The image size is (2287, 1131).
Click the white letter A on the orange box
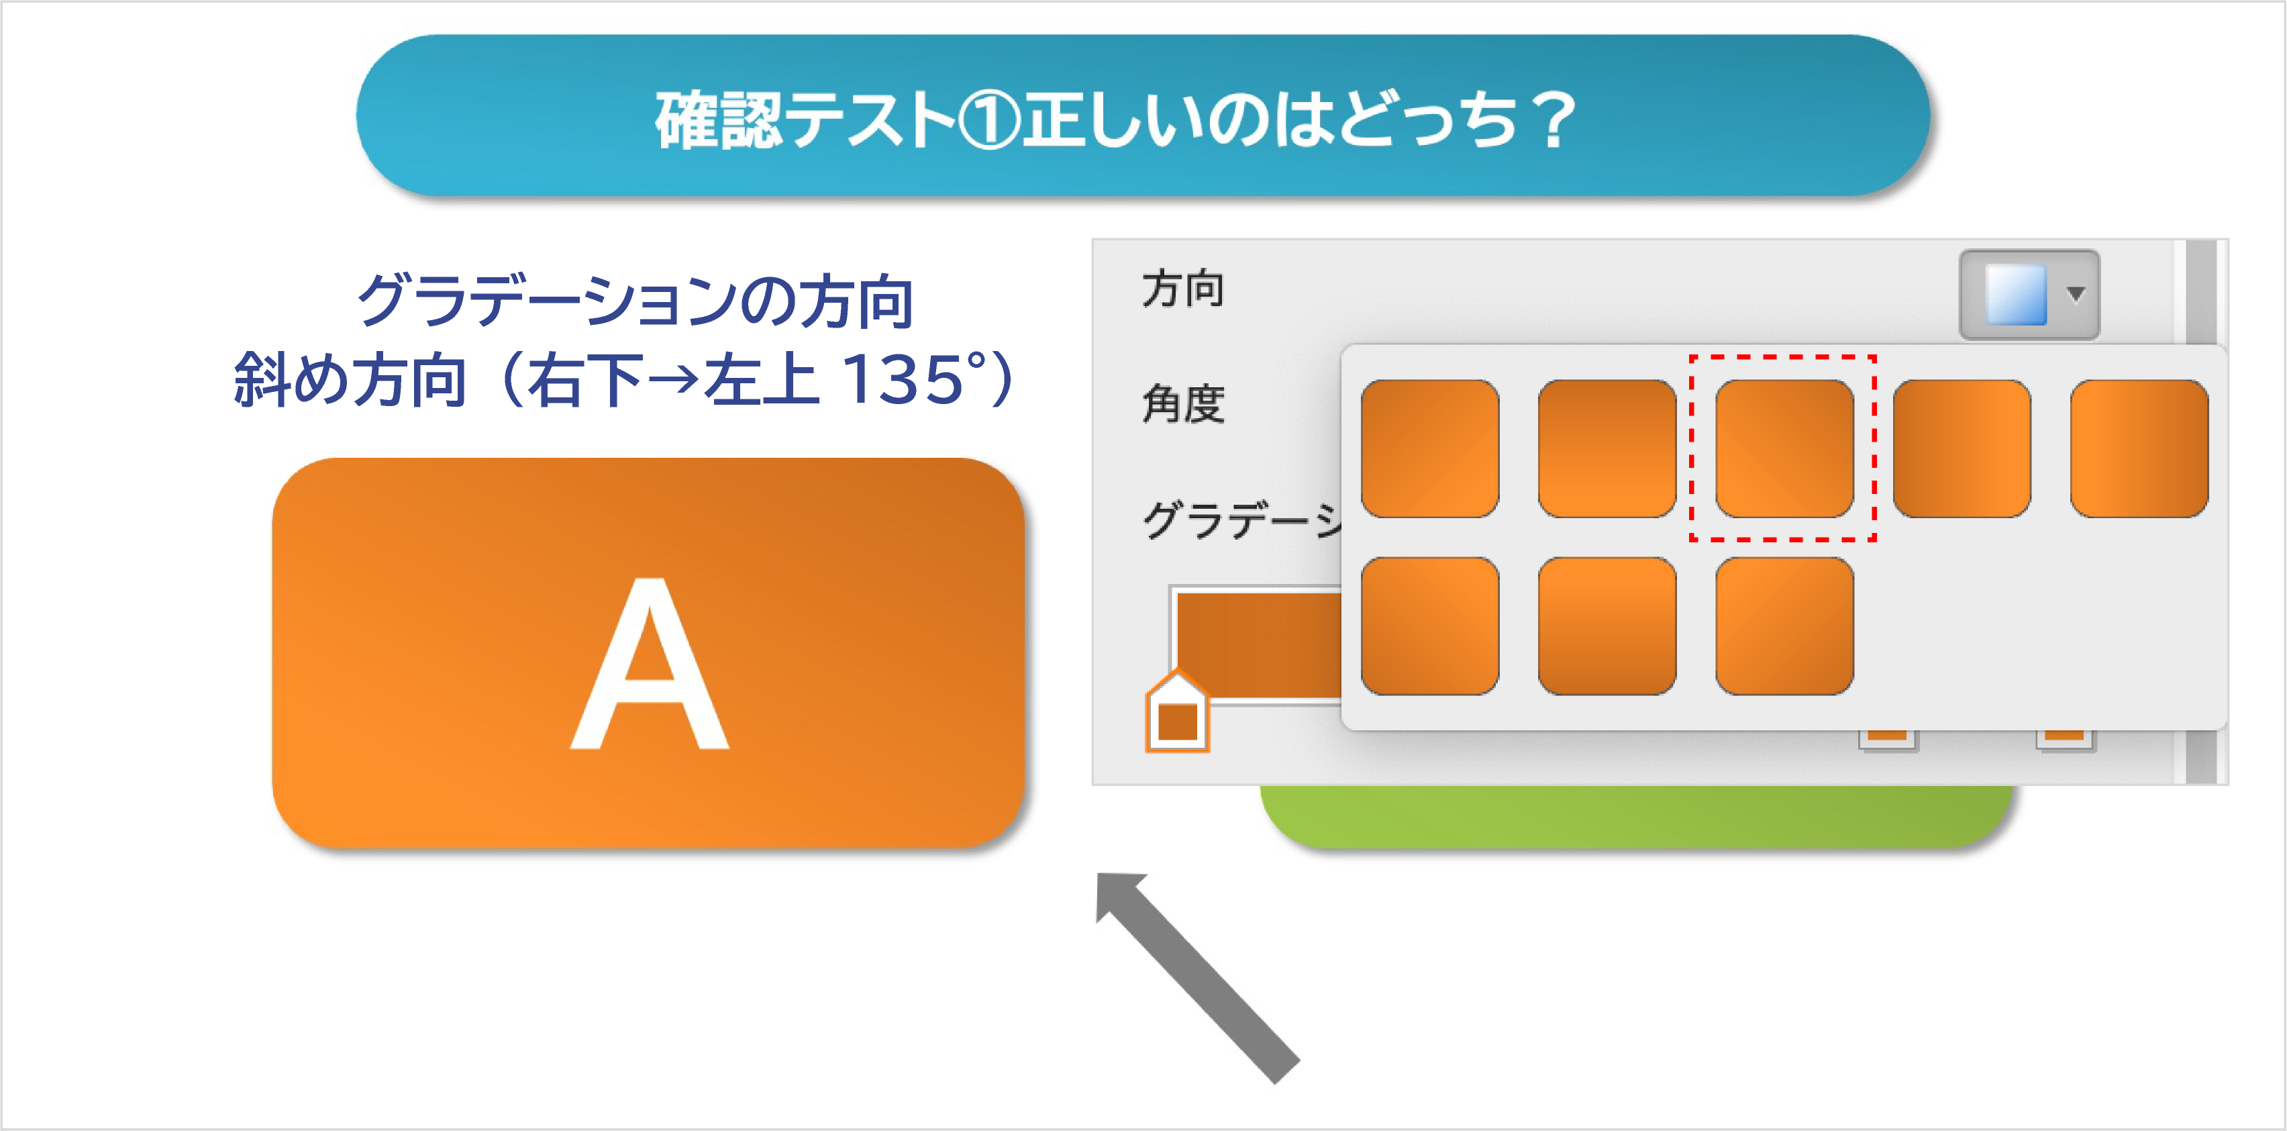pyautogui.click(x=650, y=663)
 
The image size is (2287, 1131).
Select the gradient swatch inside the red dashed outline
pyautogui.click(x=1784, y=448)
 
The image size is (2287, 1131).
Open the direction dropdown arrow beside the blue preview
pyautogui.click(x=2076, y=294)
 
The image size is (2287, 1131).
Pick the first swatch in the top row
pyautogui.click(x=1429, y=448)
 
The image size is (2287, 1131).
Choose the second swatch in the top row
pyautogui.click(x=1607, y=448)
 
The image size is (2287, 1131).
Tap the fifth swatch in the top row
pyautogui.click(x=2139, y=448)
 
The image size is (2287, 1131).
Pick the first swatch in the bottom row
pyautogui.click(x=1429, y=626)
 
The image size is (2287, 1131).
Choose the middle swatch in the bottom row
pyautogui.click(x=1607, y=626)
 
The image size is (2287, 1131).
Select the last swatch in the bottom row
pyautogui.click(x=1784, y=626)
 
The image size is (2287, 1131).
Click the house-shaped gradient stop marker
pyautogui.click(x=1177, y=712)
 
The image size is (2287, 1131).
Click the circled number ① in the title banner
pyautogui.click(x=989, y=120)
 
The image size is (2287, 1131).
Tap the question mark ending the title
pyautogui.click(x=1554, y=120)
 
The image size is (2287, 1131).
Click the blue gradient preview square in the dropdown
pyautogui.click(x=2015, y=294)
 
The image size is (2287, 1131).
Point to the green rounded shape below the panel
pyautogui.click(x=1638, y=817)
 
